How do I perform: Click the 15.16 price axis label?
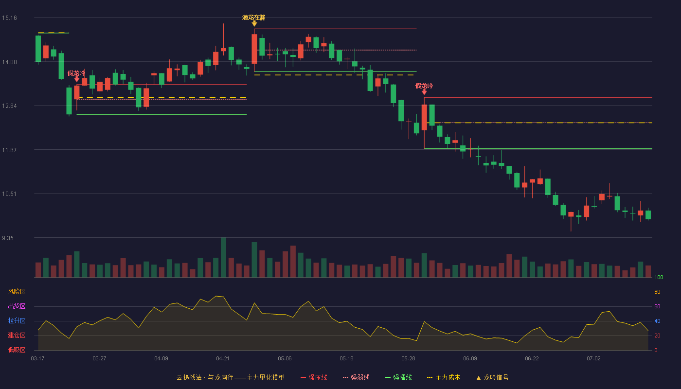coord(9,18)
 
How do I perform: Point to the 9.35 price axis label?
coord(8,238)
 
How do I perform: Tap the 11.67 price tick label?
coord(9,150)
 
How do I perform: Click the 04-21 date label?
coord(223,359)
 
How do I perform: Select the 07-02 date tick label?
coord(593,359)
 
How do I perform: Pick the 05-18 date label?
coord(346,359)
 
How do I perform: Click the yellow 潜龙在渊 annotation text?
coord(254,18)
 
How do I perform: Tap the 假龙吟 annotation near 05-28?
coord(424,86)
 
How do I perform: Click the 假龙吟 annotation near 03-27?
coord(76,73)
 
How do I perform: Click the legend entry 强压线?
coord(314,377)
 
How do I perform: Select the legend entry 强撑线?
coord(398,377)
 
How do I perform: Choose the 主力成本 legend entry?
coord(444,377)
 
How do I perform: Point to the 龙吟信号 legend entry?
coord(492,377)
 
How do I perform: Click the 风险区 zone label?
coord(17,292)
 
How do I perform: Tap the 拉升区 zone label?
coord(17,321)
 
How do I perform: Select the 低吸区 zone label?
coord(17,350)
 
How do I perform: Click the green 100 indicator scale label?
coord(659,277)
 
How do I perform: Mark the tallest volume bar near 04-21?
coord(223,257)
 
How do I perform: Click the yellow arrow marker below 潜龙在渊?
coord(254,24)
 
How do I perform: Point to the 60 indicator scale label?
coord(657,306)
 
